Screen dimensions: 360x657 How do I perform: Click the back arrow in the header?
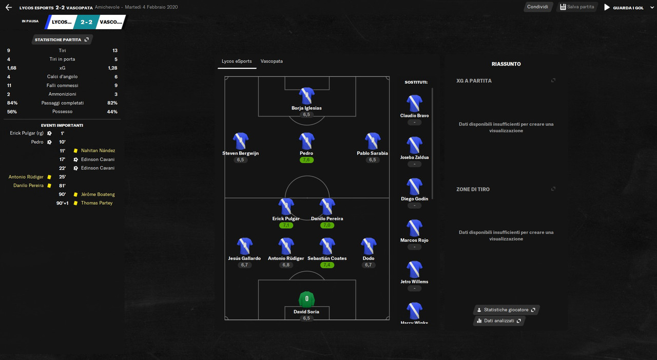pyautogui.click(x=8, y=8)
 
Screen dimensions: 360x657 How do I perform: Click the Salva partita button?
pyautogui.click(x=577, y=7)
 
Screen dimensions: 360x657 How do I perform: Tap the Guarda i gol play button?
pyautogui.click(x=607, y=8)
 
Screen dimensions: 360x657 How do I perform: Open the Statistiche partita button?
pyautogui.click(x=62, y=40)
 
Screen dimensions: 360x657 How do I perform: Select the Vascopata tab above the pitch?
pyautogui.click(x=272, y=61)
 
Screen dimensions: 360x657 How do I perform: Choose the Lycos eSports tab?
pyautogui.click(x=237, y=61)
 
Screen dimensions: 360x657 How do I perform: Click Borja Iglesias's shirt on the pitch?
pyautogui.click(x=306, y=96)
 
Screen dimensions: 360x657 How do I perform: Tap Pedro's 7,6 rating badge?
pyautogui.click(x=306, y=160)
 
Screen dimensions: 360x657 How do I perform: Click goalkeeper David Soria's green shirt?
pyautogui.click(x=306, y=299)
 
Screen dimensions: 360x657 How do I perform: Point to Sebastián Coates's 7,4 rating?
pyautogui.click(x=327, y=265)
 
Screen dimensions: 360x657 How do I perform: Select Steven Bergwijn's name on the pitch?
pyautogui.click(x=240, y=153)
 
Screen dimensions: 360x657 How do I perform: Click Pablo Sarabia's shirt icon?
pyautogui.click(x=372, y=141)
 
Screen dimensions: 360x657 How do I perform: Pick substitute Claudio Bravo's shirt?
pyautogui.click(x=414, y=103)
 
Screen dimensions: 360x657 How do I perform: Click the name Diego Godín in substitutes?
pyautogui.click(x=414, y=199)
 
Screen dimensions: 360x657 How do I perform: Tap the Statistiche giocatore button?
pyautogui.click(x=506, y=310)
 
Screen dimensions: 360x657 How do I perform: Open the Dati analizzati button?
pyautogui.click(x=499, y=320)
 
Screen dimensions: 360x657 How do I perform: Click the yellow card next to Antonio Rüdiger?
pyautogui.click(x=49, y=177)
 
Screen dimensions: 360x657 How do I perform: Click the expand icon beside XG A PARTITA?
pyautogui.click(x=553, y=80)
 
